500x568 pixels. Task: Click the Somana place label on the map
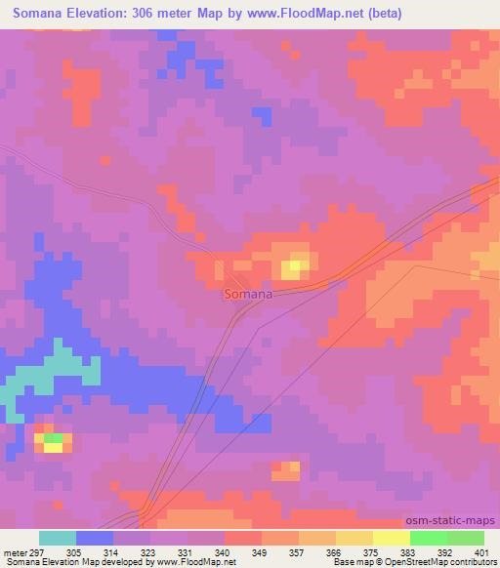248,293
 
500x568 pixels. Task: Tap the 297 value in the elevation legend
39,551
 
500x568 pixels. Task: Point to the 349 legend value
261,551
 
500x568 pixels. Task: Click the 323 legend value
149,551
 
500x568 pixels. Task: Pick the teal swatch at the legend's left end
58,538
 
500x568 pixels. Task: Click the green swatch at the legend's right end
465,538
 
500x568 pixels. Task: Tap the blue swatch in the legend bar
95,538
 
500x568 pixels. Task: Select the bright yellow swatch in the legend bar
391,538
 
